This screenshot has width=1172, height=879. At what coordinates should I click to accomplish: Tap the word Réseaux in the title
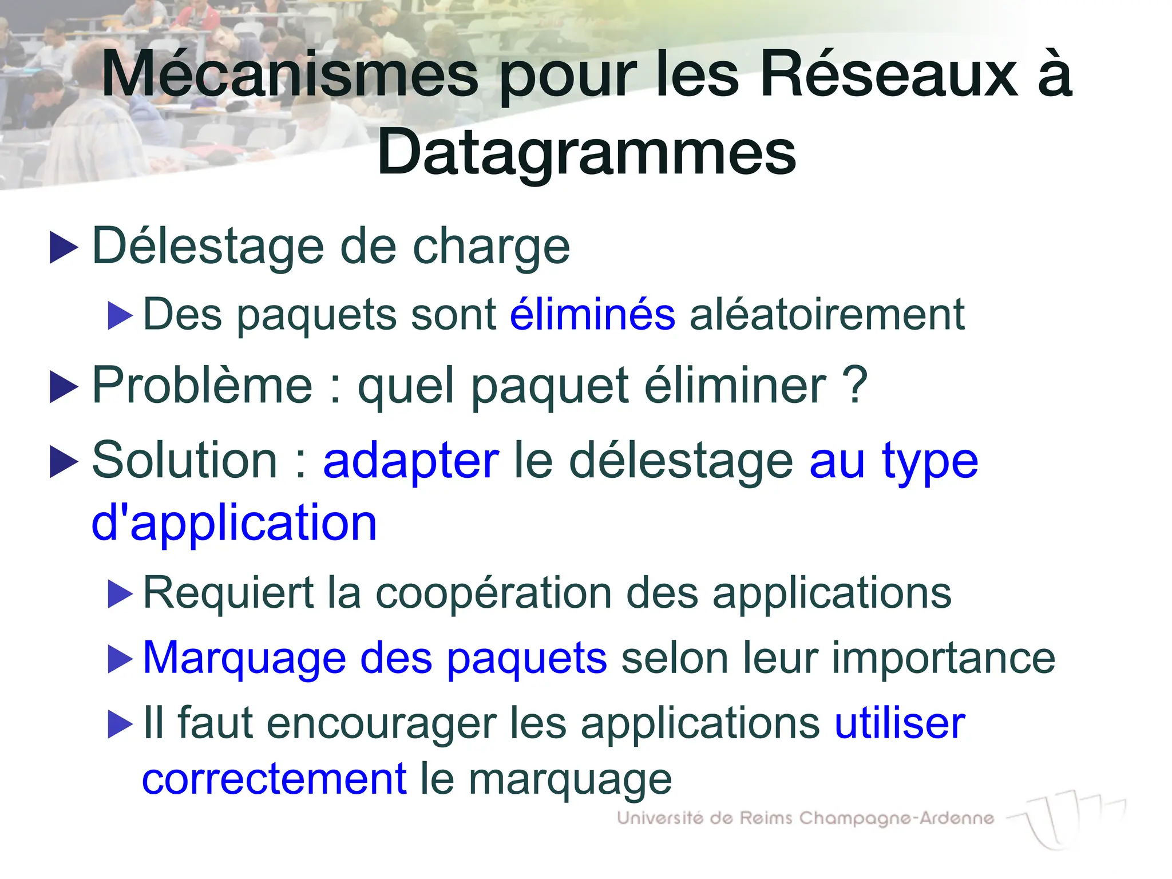pos(889,75)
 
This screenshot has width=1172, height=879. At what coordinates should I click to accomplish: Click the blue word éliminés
pos(592,314)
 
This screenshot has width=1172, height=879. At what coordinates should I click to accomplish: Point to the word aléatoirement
pos(827,314)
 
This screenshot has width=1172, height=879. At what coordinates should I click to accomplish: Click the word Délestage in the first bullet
pos(209,247)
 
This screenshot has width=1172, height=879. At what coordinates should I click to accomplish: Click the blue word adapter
pos(411,461)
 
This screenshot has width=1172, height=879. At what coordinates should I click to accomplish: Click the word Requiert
pos(228,593)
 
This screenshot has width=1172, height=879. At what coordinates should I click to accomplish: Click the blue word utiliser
pos(900,723)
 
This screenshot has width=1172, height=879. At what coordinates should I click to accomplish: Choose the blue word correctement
pos(274,779)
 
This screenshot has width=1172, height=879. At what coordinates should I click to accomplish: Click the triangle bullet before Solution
pos(64,462)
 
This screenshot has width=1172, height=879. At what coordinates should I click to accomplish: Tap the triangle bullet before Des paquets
pos(120,315)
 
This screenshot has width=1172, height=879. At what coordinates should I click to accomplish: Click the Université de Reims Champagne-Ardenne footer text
pos(805,818)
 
